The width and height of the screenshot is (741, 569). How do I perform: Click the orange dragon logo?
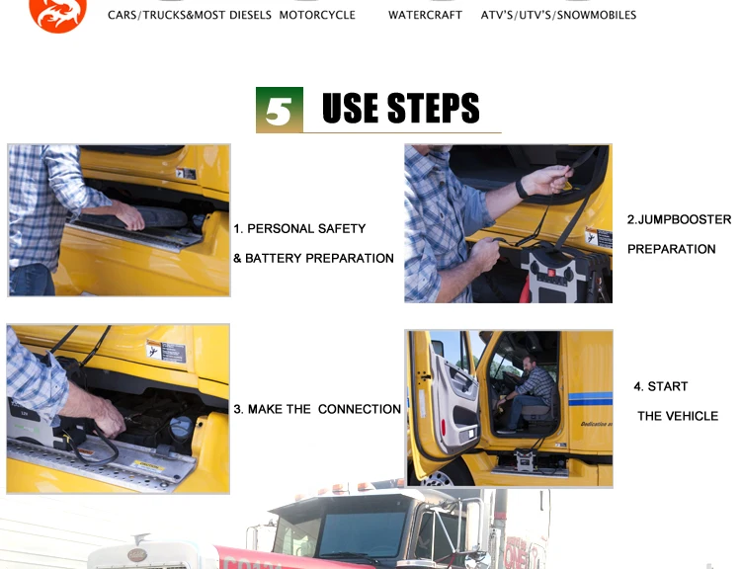(57, 15)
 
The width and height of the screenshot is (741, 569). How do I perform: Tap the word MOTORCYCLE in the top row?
(317, 15)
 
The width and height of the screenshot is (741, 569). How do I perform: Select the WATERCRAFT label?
(425, 15)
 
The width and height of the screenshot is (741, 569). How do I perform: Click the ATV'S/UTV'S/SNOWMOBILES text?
(558, 15)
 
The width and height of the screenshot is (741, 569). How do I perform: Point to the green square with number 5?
(280, 110)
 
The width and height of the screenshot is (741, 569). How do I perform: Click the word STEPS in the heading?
(434, 109)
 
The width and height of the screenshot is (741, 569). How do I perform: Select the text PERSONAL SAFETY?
(306, 229)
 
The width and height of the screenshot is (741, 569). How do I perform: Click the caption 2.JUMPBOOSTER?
(679, 219)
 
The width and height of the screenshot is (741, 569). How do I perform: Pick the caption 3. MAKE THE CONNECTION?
(317, 409)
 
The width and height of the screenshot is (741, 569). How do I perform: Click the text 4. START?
(661, 386)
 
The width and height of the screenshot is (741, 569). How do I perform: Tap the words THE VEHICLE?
(678, 416)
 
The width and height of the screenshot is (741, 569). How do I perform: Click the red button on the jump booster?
(550, 273)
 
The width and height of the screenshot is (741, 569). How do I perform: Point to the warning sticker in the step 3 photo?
(166, 351)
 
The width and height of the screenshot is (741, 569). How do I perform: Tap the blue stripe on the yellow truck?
(590, 399)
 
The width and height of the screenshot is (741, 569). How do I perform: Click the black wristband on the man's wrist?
(522, 189)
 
